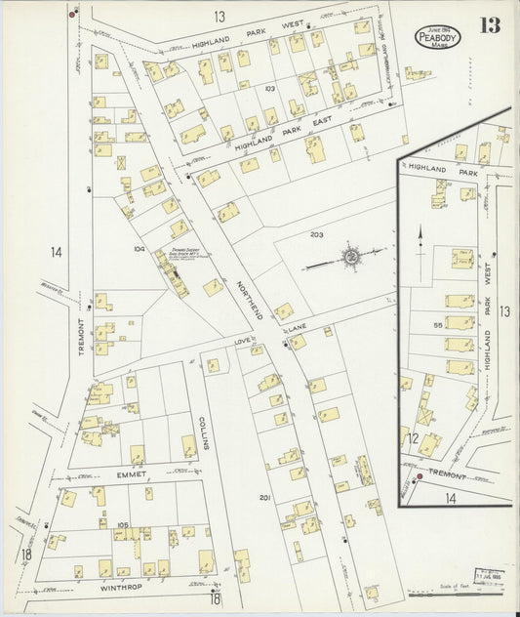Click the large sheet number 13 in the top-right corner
tap(490, 26)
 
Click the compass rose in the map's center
tap(349, 257)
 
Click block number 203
tap(316, 235)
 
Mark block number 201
tap(263, 498)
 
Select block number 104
tap(139, 250)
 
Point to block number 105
tap(122, 524)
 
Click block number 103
tap(269, 88)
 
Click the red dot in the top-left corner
tap(72, 15)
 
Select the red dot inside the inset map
tap(419, 477)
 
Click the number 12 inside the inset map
tap(414, 438)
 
